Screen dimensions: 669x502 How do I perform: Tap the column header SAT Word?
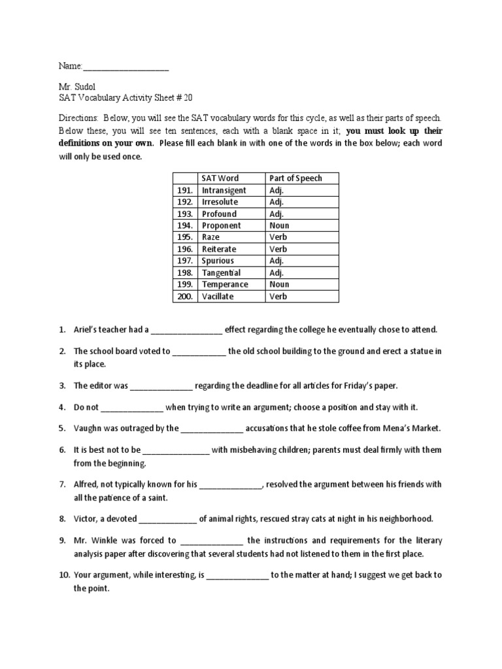[220, 178]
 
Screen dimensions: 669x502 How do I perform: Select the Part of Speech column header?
[295, 178]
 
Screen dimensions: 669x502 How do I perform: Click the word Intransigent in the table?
[224, 190]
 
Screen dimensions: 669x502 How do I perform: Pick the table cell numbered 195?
[185, 237]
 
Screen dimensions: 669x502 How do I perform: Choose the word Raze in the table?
[212, 237]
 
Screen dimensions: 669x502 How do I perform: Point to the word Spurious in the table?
[218, 261]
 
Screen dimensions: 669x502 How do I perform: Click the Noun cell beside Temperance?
[279, 284]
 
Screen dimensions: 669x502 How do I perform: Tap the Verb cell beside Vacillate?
[278, 296]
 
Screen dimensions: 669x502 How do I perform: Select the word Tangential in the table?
[221, 272]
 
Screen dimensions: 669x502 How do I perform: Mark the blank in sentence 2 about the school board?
[199, 351]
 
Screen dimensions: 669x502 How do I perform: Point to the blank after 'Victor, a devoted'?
[168, 519]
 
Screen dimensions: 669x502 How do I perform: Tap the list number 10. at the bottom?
[63, 576]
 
